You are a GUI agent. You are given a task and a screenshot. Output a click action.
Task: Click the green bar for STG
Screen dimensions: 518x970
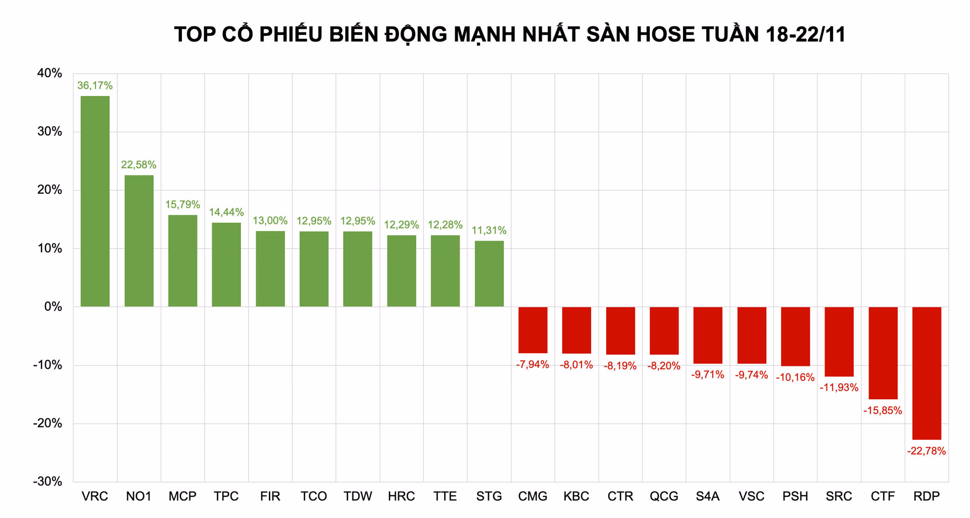point(489,273)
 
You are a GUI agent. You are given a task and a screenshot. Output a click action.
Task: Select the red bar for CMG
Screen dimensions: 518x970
point(532,330)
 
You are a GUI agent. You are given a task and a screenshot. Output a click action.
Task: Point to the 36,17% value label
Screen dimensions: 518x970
point(95,85)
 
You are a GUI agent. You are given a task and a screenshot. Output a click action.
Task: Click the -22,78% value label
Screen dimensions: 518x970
point(927,451)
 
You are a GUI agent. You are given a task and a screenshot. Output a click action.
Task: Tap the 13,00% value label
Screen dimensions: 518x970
point(270,220)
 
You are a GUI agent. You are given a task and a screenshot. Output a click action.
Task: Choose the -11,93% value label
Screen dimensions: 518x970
point(839,388)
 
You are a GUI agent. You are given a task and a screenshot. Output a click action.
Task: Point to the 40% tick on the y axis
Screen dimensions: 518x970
point(50,73)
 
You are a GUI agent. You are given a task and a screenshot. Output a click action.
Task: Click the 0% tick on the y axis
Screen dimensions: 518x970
point(53,307)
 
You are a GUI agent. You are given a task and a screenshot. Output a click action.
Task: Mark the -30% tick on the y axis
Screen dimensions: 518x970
point(47,482)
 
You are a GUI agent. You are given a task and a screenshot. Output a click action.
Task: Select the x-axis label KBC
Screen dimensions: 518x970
point(576,496)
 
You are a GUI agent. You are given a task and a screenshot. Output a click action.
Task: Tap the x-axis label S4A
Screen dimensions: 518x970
point(707,496)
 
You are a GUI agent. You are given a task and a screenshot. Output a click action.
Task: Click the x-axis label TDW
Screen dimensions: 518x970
point(358,496)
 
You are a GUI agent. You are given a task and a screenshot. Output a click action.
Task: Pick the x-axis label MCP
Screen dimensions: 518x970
point(182,496)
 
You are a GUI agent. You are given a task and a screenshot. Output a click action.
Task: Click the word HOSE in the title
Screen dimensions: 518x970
point(665,34)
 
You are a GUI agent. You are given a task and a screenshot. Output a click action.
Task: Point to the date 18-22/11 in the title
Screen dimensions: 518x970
point(805,34)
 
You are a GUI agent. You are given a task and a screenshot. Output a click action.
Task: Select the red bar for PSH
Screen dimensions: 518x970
point(795,336)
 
